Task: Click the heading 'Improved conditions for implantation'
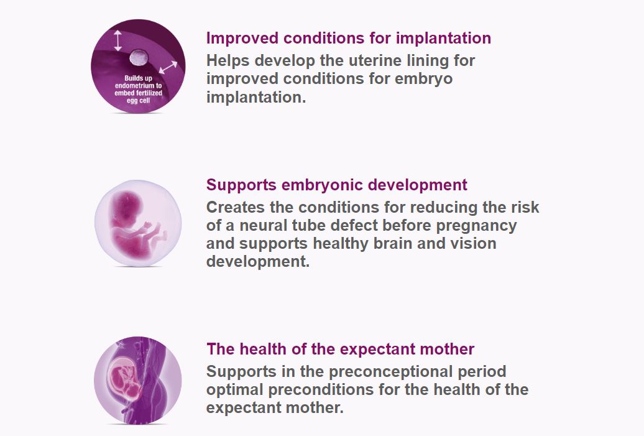click(348, 38)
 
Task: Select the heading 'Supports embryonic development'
click(336, 185)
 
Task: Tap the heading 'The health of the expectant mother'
click(340, 349)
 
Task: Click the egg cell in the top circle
click(138, 59)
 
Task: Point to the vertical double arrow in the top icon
click(117, 40)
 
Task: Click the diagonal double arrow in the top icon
click(168, 67)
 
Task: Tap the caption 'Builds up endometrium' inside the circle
click(139, 89)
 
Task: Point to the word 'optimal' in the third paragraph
click(237, 390)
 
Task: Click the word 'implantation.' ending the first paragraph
click(256, 98)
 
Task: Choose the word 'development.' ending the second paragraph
click(257, 261)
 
